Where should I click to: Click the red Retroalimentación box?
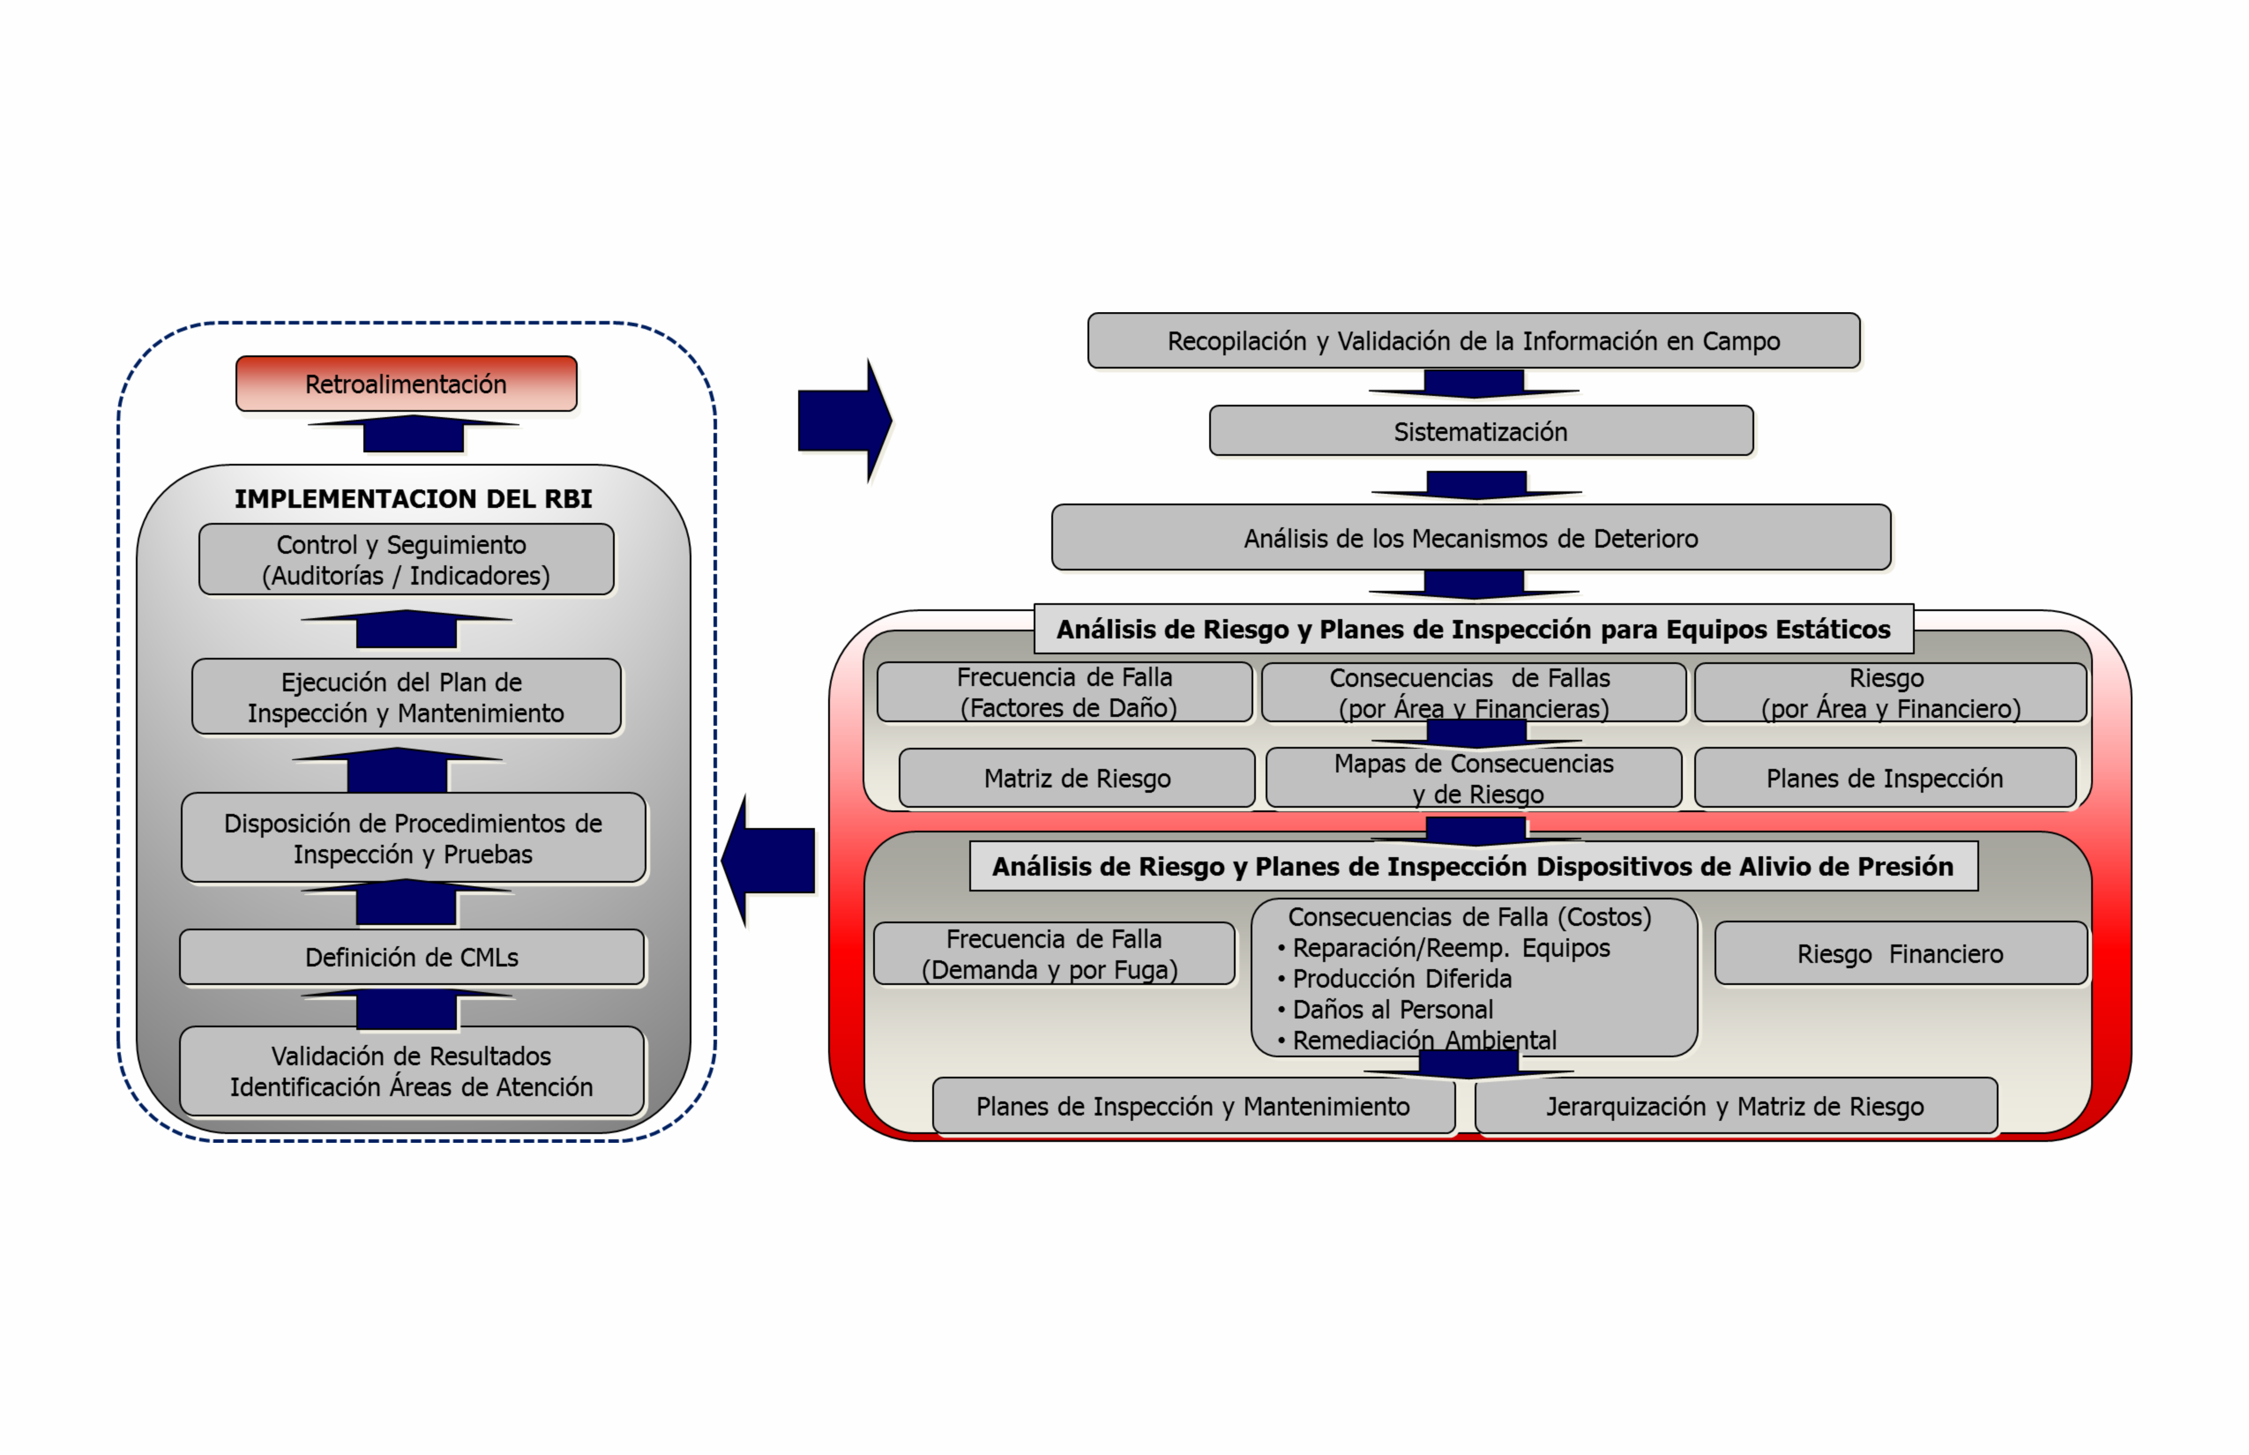coord(406,384)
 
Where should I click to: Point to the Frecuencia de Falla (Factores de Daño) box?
coord(1065,693)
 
